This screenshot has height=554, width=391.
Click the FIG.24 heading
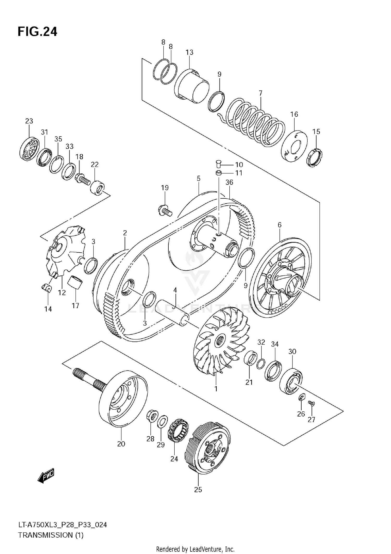(37, 32)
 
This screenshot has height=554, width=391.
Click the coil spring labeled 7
(255, 123)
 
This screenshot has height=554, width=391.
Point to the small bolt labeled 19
(165, 210)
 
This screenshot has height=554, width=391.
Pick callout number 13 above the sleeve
(190, 52)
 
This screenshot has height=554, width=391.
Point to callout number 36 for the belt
(229, 182)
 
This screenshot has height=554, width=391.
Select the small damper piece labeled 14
(47, 288)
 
